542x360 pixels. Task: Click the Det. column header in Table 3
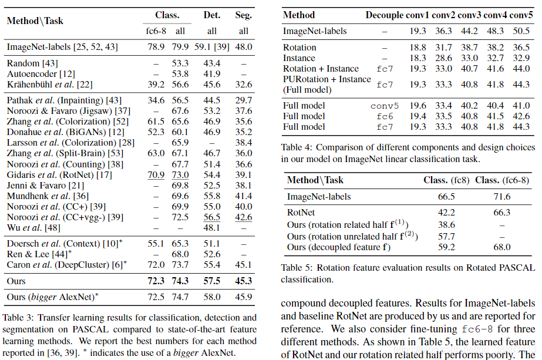[x=211, y=15]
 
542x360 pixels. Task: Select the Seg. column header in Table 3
[x=243, y=15]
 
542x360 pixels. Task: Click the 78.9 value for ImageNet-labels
[x=156, y=46]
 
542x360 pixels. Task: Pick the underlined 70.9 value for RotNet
[x=156, y=174]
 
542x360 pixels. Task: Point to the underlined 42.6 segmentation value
[x=243, y=217]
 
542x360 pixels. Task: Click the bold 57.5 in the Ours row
[x=211, y=281]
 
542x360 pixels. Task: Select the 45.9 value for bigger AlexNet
[x=243, y=297]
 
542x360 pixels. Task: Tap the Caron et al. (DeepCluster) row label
[x=63, y=265]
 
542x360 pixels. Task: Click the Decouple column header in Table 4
[x=383, y=15]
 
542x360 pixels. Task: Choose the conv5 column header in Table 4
[x=521, y=15]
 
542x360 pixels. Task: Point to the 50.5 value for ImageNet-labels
[x=521, y=31]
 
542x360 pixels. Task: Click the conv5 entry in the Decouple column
[x=385, y=106]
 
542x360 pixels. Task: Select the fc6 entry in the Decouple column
[x=385, y=116]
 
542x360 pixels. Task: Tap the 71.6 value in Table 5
[x=502, y=196]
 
